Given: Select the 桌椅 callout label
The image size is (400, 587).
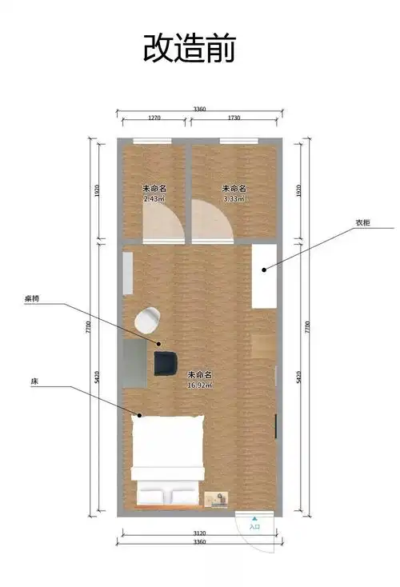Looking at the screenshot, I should (x=32, y=298).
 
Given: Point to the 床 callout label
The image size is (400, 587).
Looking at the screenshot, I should (x=34, y=383).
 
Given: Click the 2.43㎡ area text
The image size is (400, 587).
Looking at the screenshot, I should (x=154, y=198).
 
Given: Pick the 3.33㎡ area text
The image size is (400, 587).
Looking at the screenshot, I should (x=234, y=198).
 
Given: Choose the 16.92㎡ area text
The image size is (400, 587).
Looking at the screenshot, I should (x=200, y=384).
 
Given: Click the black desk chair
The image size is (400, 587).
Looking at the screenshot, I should (x=166, y=361).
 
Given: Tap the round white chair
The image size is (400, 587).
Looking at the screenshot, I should (x=147, y=321).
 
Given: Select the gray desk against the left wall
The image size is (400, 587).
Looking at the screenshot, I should (x=135, y=363).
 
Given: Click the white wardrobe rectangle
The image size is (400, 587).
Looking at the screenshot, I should (x=265, y=276).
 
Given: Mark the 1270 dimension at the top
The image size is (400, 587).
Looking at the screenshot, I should (x=154, y=118).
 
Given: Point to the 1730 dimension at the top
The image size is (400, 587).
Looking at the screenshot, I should (x=234, y=118).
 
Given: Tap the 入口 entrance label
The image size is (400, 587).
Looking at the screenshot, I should (x=255, y=526).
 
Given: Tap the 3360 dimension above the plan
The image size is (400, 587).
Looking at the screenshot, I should (x=200, y=109).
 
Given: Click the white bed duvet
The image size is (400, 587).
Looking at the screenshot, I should (x=167, y=448).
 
